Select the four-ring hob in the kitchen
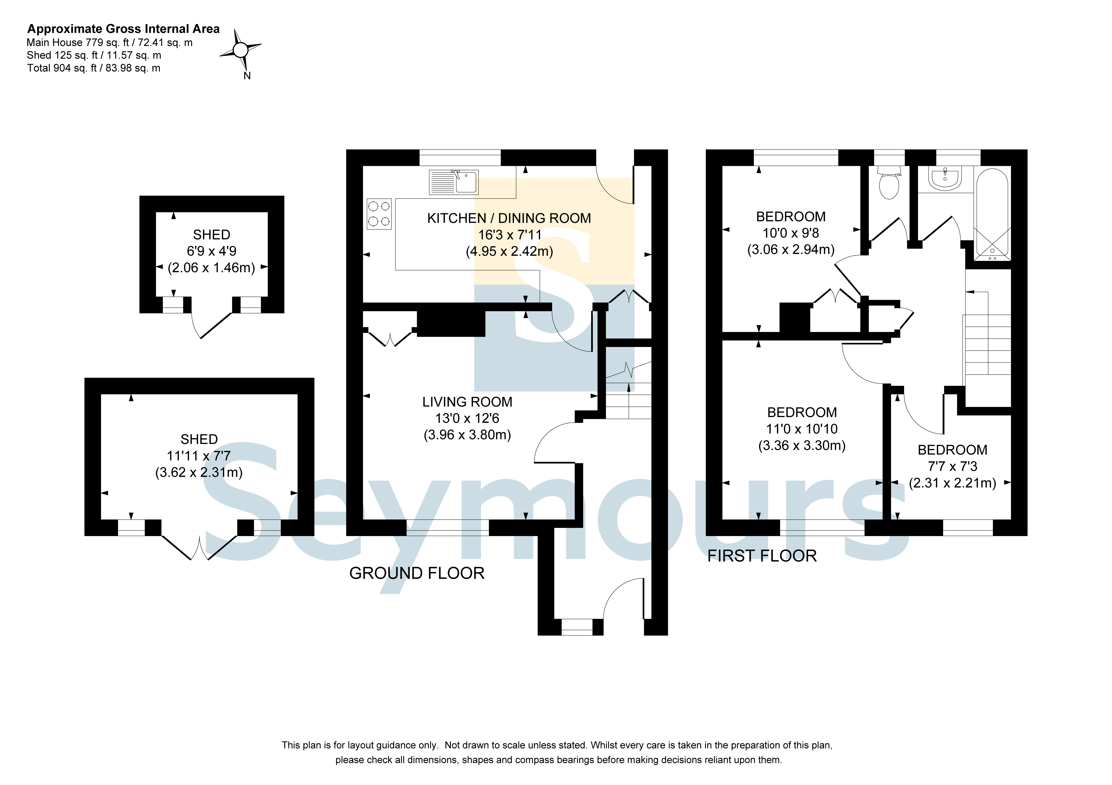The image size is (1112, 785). pos(379,214)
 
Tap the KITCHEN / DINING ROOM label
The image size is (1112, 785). pos(509,218)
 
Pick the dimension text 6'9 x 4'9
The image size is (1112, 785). pos(212,251)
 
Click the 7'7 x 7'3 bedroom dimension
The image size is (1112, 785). pos(953,467)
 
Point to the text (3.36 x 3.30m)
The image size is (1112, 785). pos(802,445)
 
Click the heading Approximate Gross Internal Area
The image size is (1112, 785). pos(123,29)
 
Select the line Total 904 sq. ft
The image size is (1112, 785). pos(93,68)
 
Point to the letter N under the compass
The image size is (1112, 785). pos(247,76)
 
